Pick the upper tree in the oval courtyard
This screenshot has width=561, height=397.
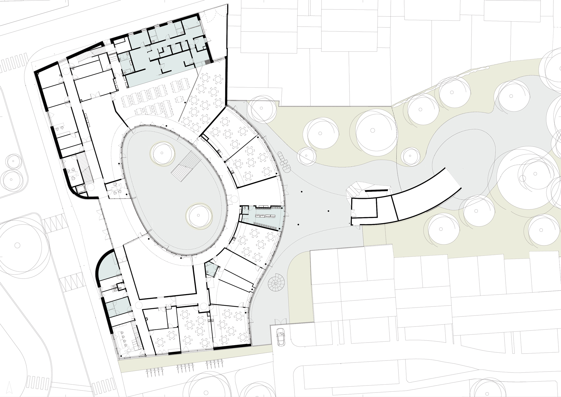pyautogui.click(x=163, y=153)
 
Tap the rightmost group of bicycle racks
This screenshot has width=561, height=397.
pyautogui.click(x=214, y=365)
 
